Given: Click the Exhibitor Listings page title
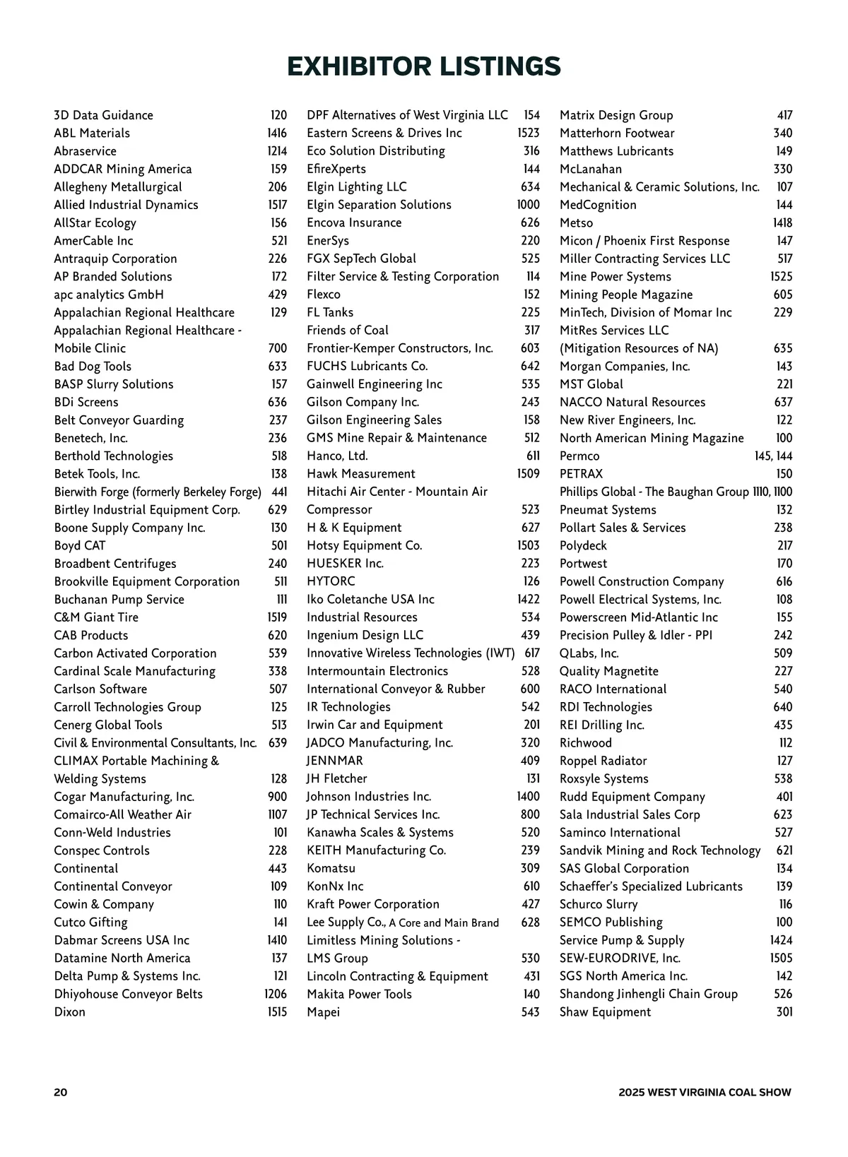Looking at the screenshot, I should click(424, 66).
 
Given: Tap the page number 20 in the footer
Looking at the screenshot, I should click(61, 1092).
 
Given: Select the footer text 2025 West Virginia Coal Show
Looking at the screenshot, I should click(705, 1092).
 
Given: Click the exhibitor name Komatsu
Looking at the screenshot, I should click(331, 868).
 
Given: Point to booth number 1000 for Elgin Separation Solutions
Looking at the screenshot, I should click(528, 205).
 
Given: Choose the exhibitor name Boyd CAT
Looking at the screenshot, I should click(80, 545).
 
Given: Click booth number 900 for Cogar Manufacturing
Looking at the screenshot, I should click(277, 797).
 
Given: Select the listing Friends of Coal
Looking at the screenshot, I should click(347, 330).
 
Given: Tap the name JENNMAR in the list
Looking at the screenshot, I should click(334, 761).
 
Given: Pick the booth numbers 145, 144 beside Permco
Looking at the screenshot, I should click(773, 456).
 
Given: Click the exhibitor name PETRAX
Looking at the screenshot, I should click(581, 474).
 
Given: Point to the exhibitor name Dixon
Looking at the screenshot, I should click(70, 1012).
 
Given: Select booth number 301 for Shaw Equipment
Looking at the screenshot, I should click(784, 1012).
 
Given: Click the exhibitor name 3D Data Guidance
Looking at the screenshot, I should click(103, 115).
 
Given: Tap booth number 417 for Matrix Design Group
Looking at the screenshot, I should click(784, 115).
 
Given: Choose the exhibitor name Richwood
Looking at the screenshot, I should click(585, 743).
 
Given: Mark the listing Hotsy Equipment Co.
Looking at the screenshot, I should click(364, 545).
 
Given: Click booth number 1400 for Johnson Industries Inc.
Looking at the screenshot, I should click(528, 797).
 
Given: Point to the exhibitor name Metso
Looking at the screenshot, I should click(576, 223).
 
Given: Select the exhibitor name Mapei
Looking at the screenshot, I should click(323, 1012).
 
